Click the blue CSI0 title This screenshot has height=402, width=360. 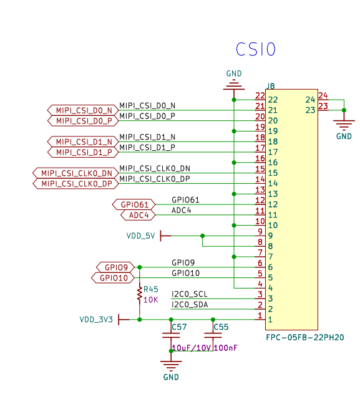click(256, 49)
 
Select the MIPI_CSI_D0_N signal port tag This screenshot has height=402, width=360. click(83, 110)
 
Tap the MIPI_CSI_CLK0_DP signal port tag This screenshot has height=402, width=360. click(75, 184)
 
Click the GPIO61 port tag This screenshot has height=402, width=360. click(134, 204)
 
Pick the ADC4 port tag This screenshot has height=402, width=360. click(138, 215)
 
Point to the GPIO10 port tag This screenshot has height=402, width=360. click(113, 278)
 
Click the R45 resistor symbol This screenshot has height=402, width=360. click(140, 294)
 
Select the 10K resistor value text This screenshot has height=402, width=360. click(150, 300)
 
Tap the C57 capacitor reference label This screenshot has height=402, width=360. click(179, 327)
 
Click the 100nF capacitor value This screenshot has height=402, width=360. click(225, 348)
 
